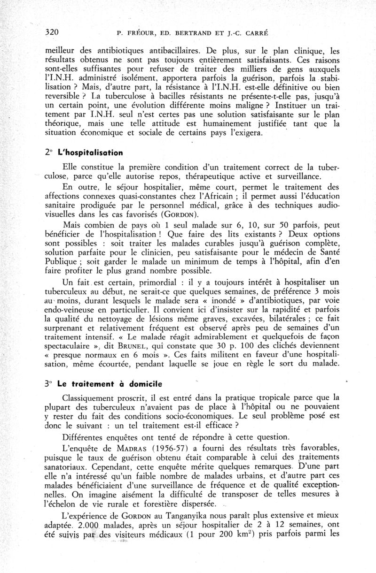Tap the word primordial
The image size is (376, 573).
[164, 282]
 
